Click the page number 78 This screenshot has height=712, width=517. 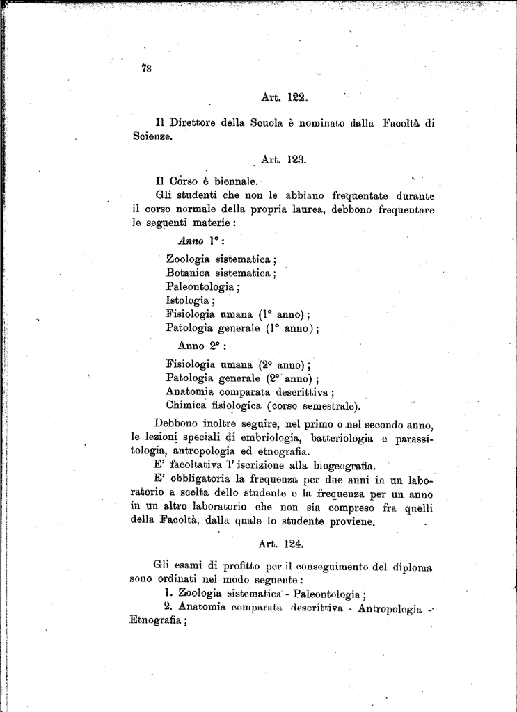coord(146,67)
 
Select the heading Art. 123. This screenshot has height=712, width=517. coord(284,159)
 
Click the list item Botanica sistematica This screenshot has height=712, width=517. coord(221,273)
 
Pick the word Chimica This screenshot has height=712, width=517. coord(189,405)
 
